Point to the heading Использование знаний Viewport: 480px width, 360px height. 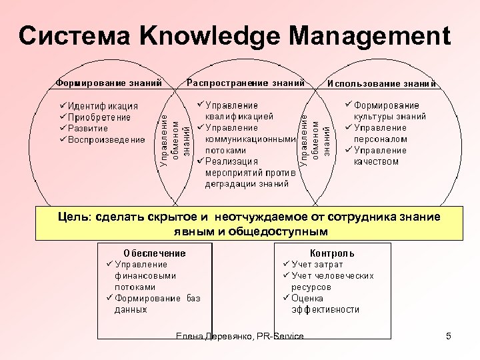pos(381,84)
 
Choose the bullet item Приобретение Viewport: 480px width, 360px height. pos(99,117)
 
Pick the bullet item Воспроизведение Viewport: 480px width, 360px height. pos(106,139)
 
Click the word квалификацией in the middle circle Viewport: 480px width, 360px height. pos(238,116)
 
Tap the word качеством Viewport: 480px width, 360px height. pos(376,161)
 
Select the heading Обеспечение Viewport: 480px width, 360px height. pos(155,253)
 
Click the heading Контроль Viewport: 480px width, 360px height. pos(332,253)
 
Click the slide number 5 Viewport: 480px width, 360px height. pos(449,336)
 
